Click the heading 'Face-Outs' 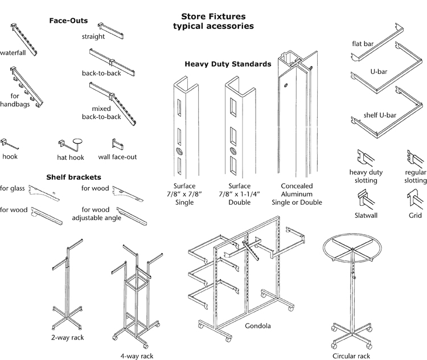point(68,20)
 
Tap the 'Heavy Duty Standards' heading point(228,64)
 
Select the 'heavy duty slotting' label point(366,176)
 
